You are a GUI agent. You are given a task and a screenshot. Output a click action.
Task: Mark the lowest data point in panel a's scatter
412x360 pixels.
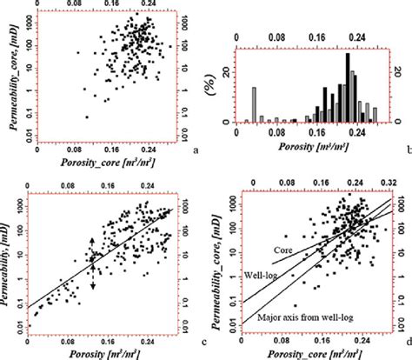click(x=87, y=116)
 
